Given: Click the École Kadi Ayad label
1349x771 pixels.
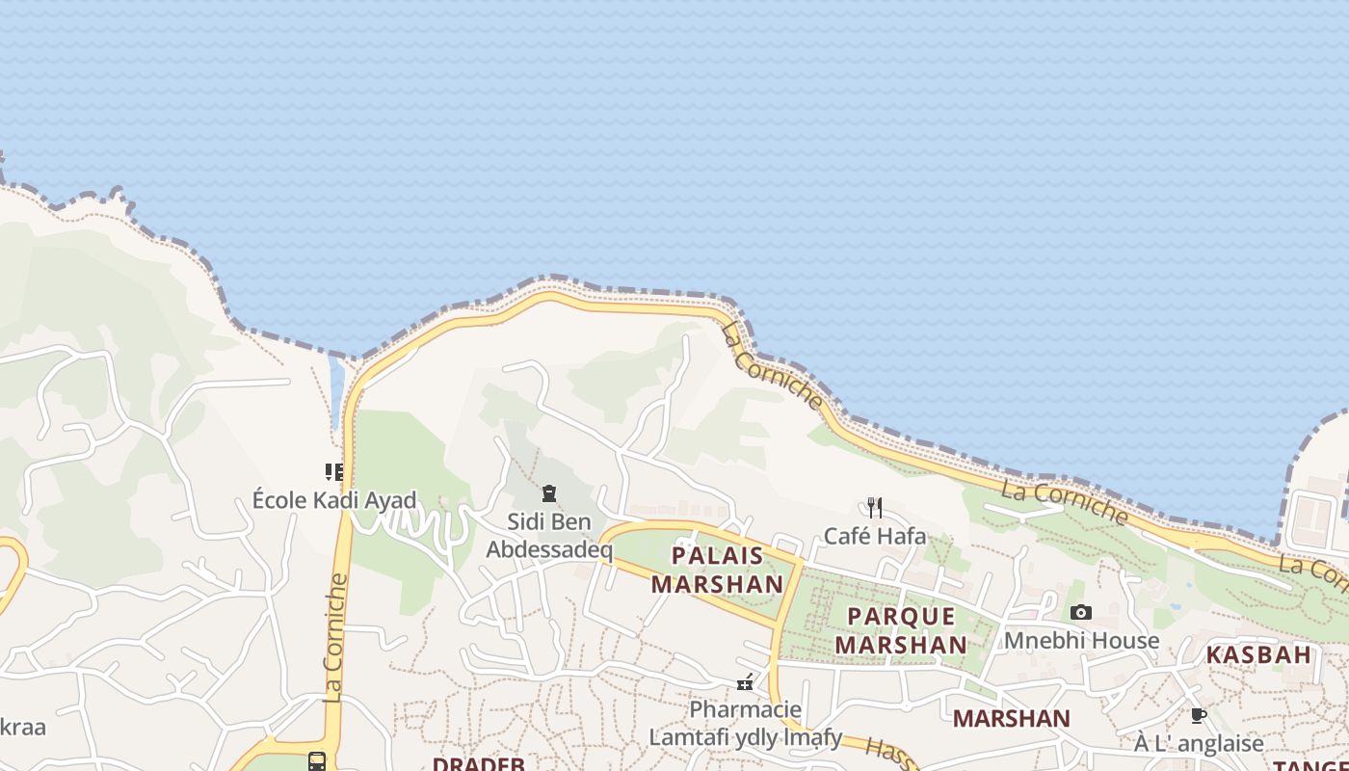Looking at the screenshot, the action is pyautogui.click(x=334, y=500).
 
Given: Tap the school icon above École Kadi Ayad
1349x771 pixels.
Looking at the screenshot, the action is pyautogui.click(x=334, y=472).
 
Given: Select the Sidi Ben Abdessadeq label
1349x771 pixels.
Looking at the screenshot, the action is pyautogui.click(x=549, y=536).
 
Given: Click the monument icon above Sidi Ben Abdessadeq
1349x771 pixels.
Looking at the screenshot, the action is pyautogui.click(x=549, y=494).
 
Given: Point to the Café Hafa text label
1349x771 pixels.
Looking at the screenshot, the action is pyautogui.click(x=875, y=536).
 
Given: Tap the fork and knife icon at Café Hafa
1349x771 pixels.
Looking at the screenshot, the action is pyautogui.click(x=875, y=508).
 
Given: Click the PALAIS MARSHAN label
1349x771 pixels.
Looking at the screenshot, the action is pyautogui.click(x=718, y=570).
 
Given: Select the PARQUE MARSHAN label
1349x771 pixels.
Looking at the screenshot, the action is pyautogui.click(x=901, y=630).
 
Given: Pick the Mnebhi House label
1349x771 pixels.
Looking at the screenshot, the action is pyautogui.click(x=1081, y=640).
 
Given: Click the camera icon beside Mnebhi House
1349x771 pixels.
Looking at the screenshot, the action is pyautogui.click(x=1081, y=613).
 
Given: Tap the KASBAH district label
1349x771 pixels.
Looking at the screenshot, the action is pyautogui.click(x=1258, y=655).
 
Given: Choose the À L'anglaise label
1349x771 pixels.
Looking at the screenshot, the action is pyautogui.click(x=1199, y=743).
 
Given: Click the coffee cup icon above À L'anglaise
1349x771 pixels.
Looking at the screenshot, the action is pyautogui.click(x=1199, y=715).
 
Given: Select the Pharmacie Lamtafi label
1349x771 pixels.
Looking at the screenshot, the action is pyautogui.click(x=745, y=724).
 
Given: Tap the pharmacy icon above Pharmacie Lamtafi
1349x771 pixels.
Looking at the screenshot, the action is pyautogui.click(x=745, y=683).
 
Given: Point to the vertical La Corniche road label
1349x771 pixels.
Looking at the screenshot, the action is pyautogui.click(x=335, y=637).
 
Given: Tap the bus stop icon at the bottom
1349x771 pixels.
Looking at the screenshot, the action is pyautogui.click(x=317, y=761).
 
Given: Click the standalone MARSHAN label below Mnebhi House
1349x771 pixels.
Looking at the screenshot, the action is pyautogui.click(x=1011, y=718).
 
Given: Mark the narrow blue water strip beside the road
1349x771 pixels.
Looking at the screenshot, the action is pyautogui.click(x=336, y=390).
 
